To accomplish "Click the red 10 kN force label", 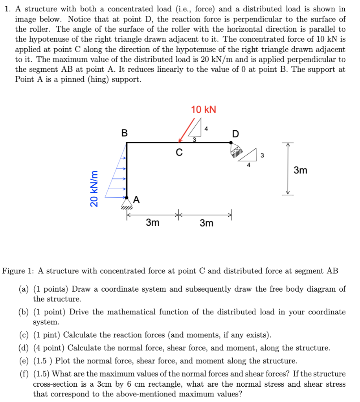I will tap(204, 110).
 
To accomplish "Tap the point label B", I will tap(124, 133).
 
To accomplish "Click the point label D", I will tap(235, 134).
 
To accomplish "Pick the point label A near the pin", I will tap(136, 199).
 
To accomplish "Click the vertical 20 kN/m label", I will tap(94, 188).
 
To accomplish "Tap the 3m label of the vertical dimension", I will tap(301, 170).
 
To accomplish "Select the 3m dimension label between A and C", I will tap(152, 223).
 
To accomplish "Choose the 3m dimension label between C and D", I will tap(206, 223).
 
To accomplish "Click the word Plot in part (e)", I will tap(71, 361).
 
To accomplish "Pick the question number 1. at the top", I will tap(8, 9).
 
